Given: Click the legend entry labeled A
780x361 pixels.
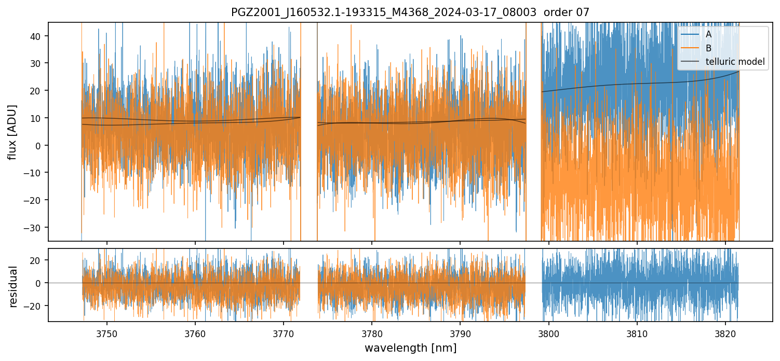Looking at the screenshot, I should point(708,34).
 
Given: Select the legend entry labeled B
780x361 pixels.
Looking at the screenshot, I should point(708,48).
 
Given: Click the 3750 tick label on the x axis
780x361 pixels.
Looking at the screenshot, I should point(107,334).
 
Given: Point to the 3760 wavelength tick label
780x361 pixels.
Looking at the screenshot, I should point(195,334).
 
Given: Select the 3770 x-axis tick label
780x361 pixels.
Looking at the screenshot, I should point(284,334).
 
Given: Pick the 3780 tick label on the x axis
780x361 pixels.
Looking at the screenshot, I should point(372,334).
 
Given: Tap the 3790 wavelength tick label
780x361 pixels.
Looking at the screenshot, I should point(460,334).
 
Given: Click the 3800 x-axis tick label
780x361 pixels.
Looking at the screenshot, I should point(549,334).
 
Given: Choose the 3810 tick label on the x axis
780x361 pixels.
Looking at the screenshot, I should point(637,334).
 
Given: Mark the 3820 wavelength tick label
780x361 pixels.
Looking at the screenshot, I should point(725,334).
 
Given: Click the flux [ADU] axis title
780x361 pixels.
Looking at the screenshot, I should point(12,132).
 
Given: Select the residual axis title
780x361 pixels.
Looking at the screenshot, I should point(13,286).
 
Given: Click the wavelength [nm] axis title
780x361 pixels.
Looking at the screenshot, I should point(410,348).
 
